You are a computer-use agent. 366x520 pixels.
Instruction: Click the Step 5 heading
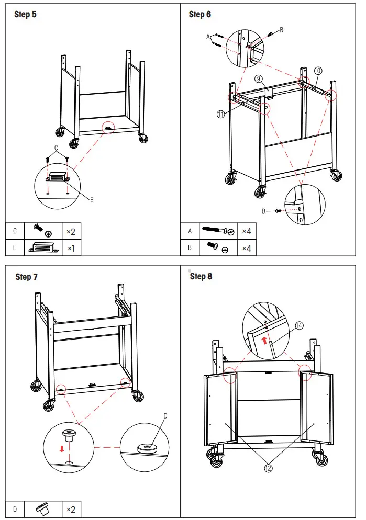click(25, 14)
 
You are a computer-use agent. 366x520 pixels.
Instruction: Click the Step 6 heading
click(200, 14)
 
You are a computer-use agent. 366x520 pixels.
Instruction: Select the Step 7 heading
click(27, 276)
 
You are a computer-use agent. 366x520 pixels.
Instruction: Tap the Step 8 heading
click(201, 276)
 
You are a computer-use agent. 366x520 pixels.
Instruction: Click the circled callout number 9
click(258, 78)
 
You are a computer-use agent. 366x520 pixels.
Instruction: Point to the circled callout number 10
click(318, 71)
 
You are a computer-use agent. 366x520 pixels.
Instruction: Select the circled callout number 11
click(221, 114)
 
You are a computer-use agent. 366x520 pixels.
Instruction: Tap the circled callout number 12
click(268, 468)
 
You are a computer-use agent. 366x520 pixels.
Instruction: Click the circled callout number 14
click(299, 325)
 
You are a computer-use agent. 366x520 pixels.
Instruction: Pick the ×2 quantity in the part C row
click(71, 231)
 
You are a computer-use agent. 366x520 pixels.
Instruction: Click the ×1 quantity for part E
click(71, 247)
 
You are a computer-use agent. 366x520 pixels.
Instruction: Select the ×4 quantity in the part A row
click(246, 231)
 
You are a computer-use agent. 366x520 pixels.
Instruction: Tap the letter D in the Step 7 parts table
click(15, 509)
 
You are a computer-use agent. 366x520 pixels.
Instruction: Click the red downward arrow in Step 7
click(61, 449)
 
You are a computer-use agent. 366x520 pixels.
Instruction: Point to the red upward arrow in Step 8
click(265, 341)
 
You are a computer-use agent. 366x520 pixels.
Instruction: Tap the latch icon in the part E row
click(41, 247)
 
